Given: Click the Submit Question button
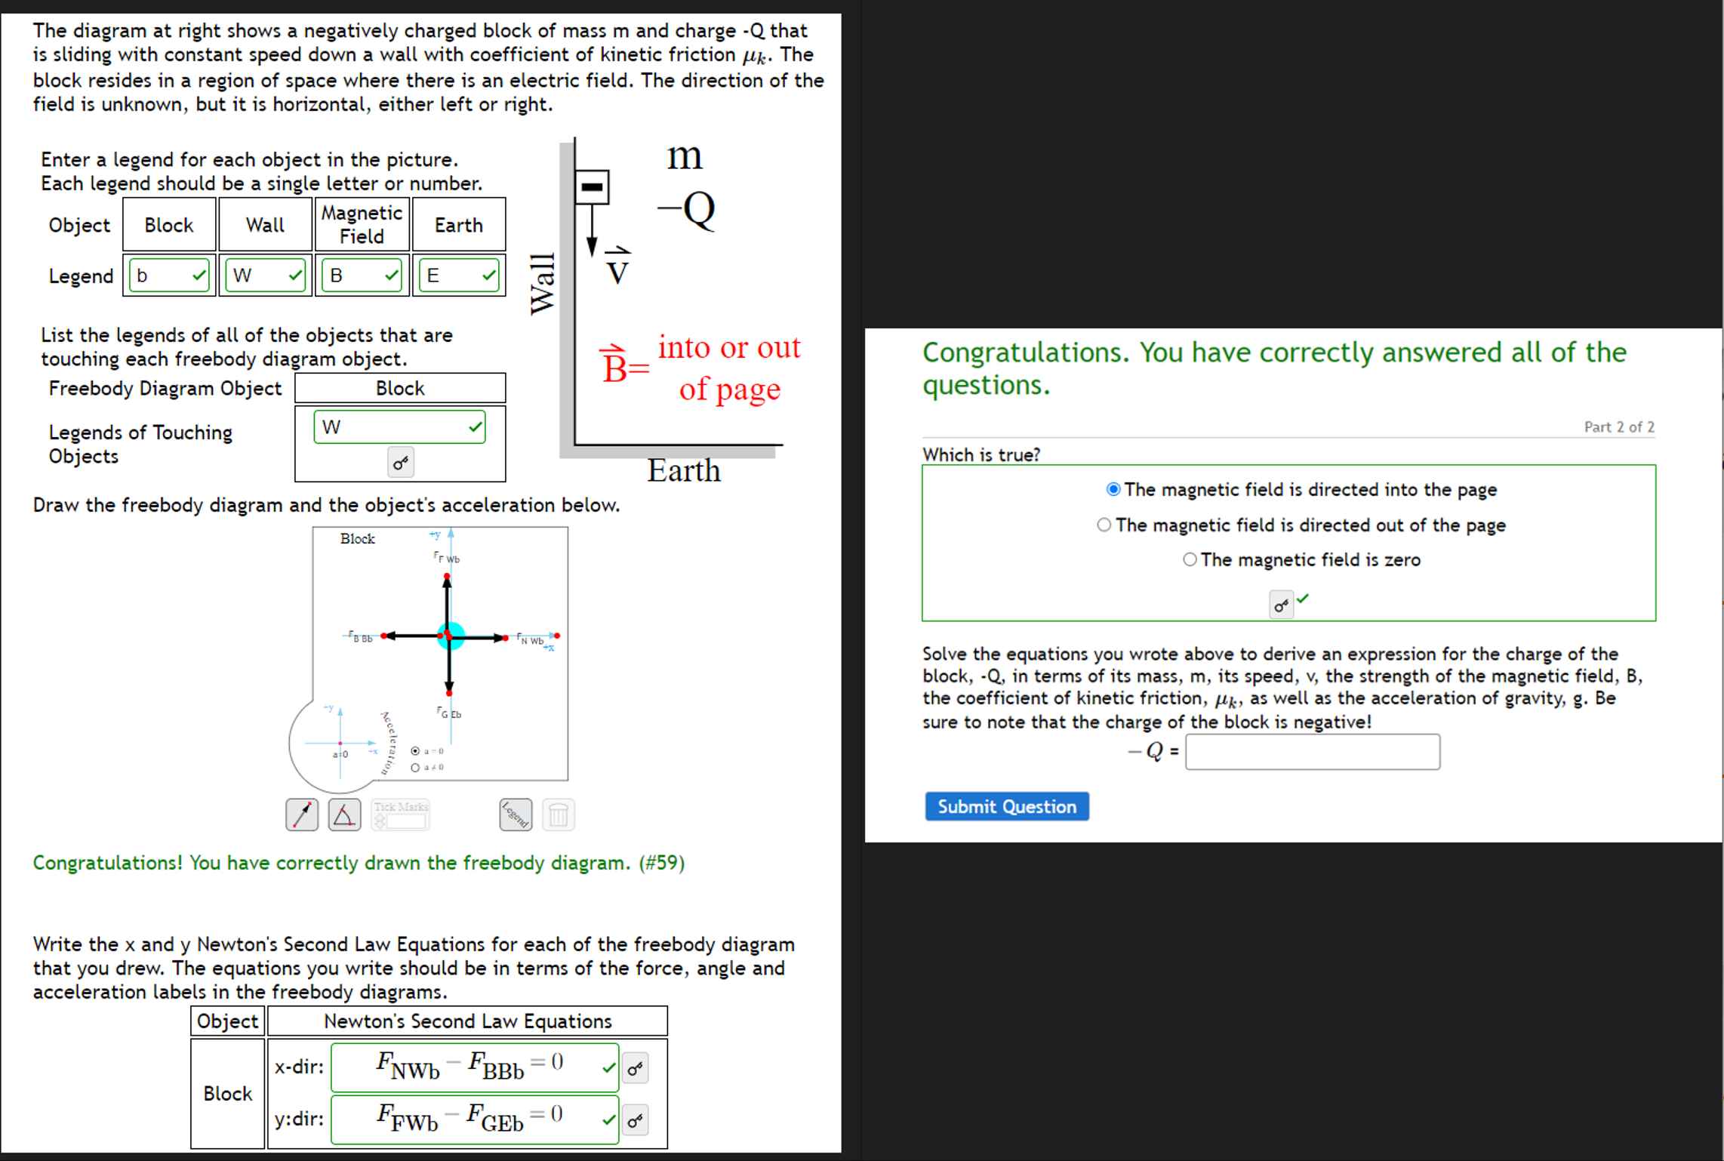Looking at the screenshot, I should click(x=1006, y=806).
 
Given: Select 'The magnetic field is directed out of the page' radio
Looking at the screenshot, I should click(x=1104, y=525).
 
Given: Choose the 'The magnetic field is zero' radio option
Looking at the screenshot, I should click(x=1190, y=559).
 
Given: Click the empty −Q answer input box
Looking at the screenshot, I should click(x=1312, y=752).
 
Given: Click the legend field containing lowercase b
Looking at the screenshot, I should click(x=169, y=276).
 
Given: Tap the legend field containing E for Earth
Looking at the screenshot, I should click(x=458, y=276).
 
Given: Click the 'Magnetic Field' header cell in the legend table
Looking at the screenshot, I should click(x=362, y=224).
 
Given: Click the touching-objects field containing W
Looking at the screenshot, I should click(x=399, y=427).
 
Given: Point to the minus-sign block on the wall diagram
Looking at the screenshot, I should click(x=593, y=186).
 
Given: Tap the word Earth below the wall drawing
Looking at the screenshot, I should click(x=684, y=471).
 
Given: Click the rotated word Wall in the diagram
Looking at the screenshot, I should click(x=543, y=283).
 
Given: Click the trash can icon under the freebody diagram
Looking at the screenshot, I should click(x=558, y=815).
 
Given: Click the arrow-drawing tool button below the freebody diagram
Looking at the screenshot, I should click(x=302, y=815).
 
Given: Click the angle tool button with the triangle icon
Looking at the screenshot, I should click(x=344, y=815).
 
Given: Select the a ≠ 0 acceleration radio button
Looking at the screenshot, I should click(x=415, y=768).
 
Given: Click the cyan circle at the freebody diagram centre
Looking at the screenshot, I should click(x=450, y=636).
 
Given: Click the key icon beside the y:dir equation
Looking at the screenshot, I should click(x=636, y=1120).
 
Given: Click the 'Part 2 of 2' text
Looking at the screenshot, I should click(x=1618, y=427).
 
